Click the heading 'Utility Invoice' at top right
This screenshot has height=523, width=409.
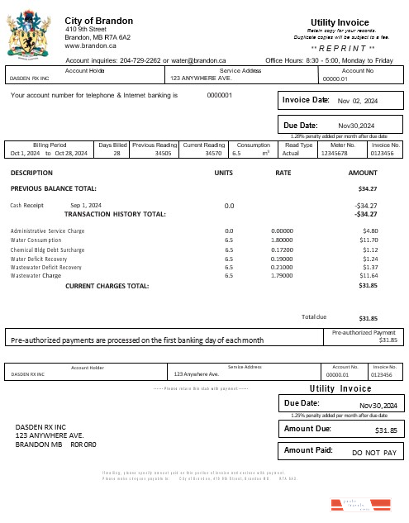pos(340,21)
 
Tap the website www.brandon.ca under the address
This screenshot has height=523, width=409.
pos(90,46)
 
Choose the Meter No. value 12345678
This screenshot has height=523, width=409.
pos(334,153)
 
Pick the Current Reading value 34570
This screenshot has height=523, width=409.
pos(213,153)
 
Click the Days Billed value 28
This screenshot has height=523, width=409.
pos(117,153)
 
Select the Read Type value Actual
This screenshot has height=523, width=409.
pos(291,153)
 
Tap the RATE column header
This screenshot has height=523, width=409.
pos(283,173)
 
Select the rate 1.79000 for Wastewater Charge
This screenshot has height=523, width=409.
pos(282,276)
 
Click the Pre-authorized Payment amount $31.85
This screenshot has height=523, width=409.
pos(388,340)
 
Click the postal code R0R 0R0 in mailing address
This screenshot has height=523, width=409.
pos(83,445)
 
